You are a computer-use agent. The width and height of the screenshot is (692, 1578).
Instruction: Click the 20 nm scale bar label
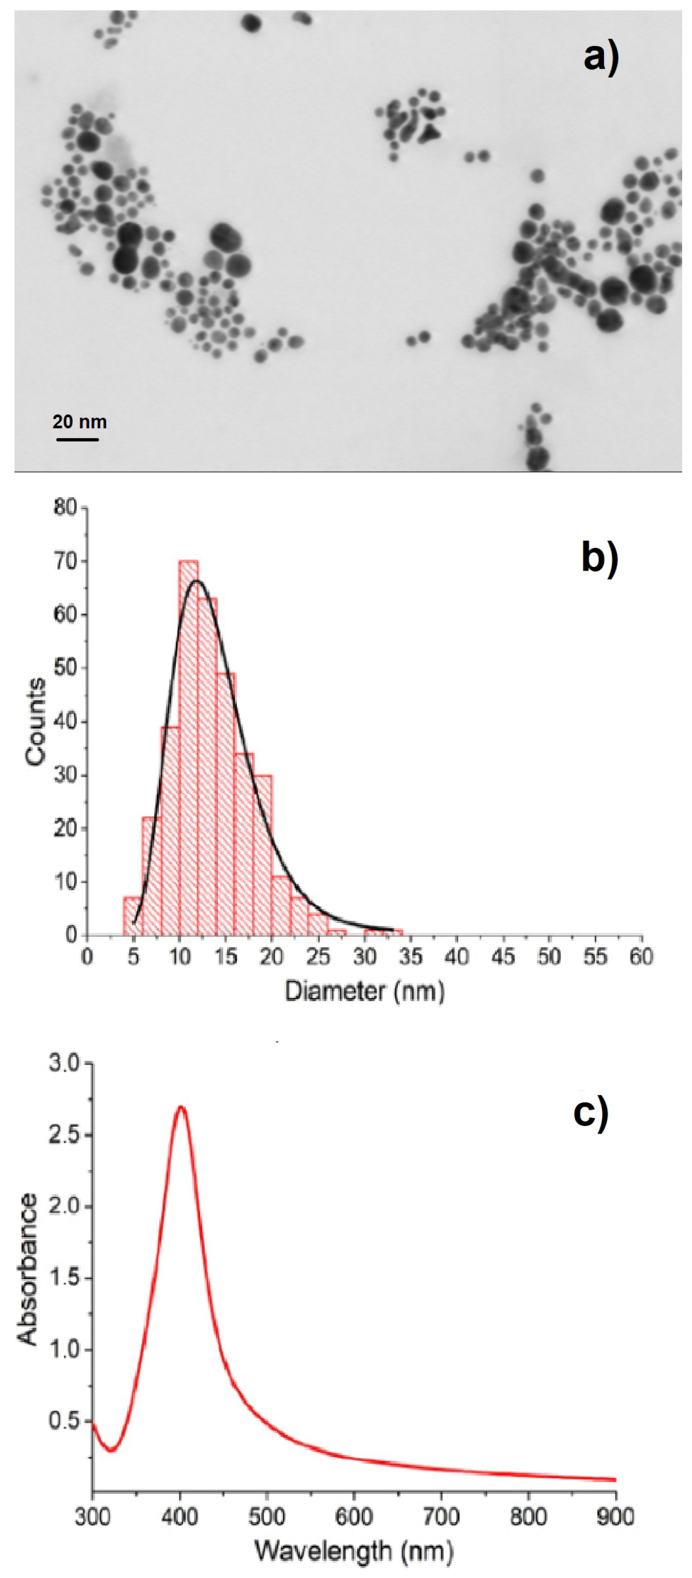[x=80, y=422]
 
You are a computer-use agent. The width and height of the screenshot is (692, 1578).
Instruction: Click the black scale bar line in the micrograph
[x=78, y=439]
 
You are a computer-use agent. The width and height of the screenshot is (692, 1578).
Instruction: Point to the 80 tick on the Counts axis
[x=66, y=508]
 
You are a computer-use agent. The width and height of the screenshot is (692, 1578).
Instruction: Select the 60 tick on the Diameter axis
[x=641, y=956]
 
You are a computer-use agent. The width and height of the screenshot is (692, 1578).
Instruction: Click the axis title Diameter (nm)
[x=365, y=991]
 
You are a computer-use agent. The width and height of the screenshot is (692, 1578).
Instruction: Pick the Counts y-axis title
[x=36, y=721]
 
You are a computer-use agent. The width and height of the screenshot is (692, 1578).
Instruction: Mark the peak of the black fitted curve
[x=196, y=580]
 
